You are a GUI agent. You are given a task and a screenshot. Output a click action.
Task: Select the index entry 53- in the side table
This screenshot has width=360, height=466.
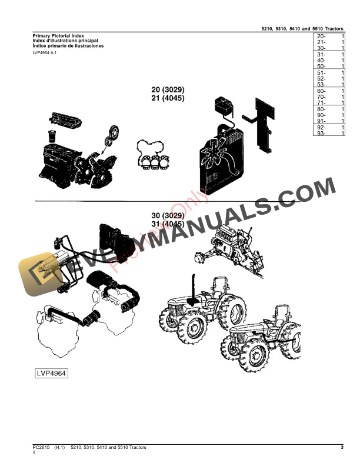(x=321, y=85)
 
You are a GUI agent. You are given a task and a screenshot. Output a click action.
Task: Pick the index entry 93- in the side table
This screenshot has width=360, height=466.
(x=321, y=133)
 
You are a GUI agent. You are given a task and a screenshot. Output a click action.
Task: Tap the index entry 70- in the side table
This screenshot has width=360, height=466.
(x=321, y=97)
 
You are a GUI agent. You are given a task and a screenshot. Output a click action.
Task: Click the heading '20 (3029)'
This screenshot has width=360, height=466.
(x=168, y=90)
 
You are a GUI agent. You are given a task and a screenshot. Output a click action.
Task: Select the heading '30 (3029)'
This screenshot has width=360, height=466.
(x=168, y=217)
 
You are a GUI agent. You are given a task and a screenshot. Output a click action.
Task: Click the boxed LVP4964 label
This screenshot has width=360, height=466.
(x=51, y=373)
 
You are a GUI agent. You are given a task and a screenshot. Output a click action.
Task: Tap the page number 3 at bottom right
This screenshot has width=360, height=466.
(x=342, y=448)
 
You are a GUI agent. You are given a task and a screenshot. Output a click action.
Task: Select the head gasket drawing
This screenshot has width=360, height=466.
(x=153, y=155)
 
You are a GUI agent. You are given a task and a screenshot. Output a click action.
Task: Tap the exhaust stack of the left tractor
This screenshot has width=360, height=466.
(x=192, y=288)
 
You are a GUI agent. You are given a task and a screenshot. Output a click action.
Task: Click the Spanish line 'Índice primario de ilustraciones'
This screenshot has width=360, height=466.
(x=68, y=46)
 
